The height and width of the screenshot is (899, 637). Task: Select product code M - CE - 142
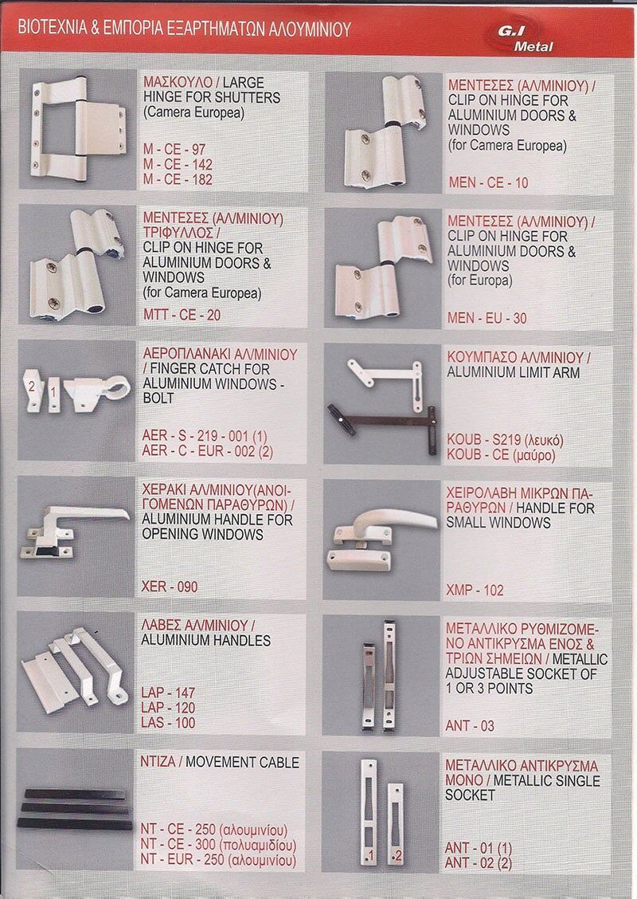pos(178,164)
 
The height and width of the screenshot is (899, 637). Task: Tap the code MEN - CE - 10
pos(488,183)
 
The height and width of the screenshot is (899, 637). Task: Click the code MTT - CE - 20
pos(182,315)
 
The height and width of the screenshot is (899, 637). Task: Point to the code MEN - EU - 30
pos(487,318)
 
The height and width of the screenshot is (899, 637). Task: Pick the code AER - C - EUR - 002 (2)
pos(207,451)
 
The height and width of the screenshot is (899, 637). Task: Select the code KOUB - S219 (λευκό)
pos(506,440)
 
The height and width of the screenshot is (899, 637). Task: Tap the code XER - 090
pos(170,587)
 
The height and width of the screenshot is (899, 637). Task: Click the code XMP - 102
pos(475,591)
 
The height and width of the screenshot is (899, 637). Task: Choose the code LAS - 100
pos(168,723)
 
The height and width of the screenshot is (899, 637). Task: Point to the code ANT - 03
pos(470,726)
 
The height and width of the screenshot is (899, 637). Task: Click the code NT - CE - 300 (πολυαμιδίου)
pos(218,845)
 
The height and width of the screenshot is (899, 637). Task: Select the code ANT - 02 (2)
pos(479,863)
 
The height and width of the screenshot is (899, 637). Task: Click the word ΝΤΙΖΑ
pos(158,763)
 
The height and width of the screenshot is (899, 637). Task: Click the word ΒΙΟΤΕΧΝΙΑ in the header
pos(52,27)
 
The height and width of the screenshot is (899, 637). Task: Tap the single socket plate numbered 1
pos(369,811)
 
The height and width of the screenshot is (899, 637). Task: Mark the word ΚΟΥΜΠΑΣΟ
pos(481,357)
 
